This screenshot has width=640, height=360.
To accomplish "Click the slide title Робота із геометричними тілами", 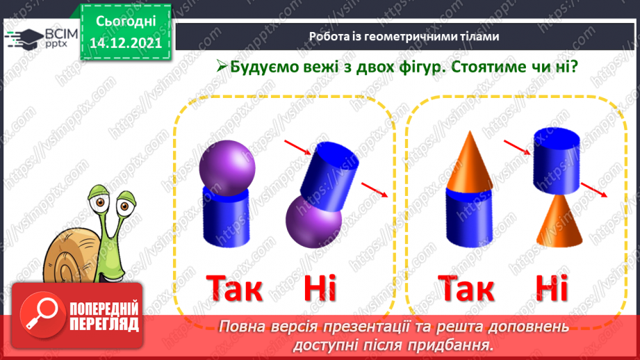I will [404, 37].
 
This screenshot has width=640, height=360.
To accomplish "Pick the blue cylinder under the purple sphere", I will [226, 219].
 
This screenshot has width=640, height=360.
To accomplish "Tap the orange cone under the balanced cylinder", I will [559, 221].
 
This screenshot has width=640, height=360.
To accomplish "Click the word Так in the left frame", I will [235, 288].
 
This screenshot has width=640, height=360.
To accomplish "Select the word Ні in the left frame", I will [320, 288].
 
